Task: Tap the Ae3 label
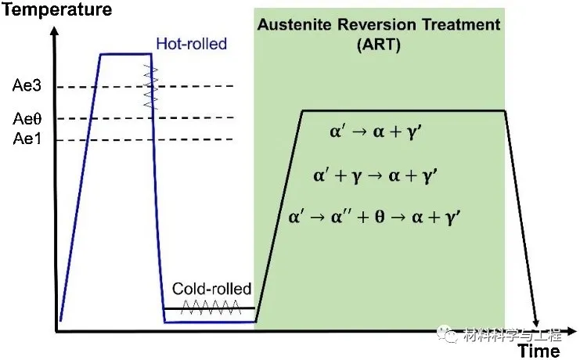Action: click(x=24, y=86)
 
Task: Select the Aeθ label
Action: click(x=24, y=119)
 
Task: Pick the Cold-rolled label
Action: click(x=211, y=290)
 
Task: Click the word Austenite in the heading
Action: click(x=296, y=25)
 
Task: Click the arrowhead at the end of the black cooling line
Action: click(x=537, y=322)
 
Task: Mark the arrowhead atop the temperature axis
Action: click(x=55, y=31)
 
